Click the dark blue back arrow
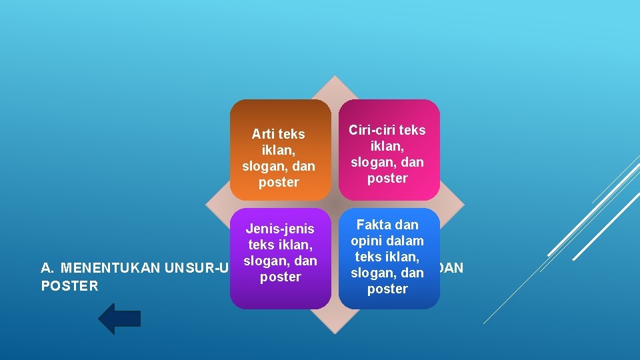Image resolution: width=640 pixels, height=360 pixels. (119, 319)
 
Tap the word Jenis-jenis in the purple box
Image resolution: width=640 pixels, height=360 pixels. (280, 229)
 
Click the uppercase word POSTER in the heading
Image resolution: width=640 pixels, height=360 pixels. (69, 286)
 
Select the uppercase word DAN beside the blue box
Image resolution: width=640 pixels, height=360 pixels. (453, 269)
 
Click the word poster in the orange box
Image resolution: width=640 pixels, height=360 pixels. (279, 182)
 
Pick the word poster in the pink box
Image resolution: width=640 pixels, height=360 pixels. (387, 178)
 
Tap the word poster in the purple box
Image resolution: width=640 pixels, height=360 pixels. (280, 277)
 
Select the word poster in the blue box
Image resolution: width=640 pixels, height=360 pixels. (387, 289)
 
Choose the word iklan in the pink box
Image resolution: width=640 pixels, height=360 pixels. (387, 146)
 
